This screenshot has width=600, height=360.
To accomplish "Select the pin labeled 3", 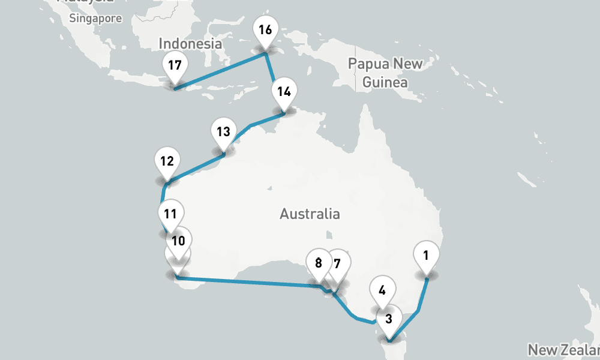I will (x=389, y=319).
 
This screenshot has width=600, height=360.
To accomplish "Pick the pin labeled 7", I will (x=337, y=263).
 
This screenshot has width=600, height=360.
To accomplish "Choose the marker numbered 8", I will (x=318, y=263).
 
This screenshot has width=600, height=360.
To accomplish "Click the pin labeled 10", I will (x=178, y=241).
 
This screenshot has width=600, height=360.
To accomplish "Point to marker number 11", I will (x=170, y=214).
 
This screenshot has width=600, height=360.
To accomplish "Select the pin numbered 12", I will (x=167, y=161).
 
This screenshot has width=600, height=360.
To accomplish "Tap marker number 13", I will (x=223, y=132).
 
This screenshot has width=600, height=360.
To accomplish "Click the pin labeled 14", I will (x=284, y=92).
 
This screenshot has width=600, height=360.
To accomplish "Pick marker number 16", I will (x=265, y=30).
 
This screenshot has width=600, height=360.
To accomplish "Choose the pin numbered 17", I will (x=175, y=65).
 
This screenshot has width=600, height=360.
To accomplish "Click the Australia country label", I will (x=310, y=214).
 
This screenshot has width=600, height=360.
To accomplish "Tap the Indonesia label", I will (x=190, y=44).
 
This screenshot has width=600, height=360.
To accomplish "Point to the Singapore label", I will (x=95, y=19).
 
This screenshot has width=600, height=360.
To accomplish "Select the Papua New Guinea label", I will (x=385, y=73).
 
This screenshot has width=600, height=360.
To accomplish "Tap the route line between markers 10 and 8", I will (x=246, y=281).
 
